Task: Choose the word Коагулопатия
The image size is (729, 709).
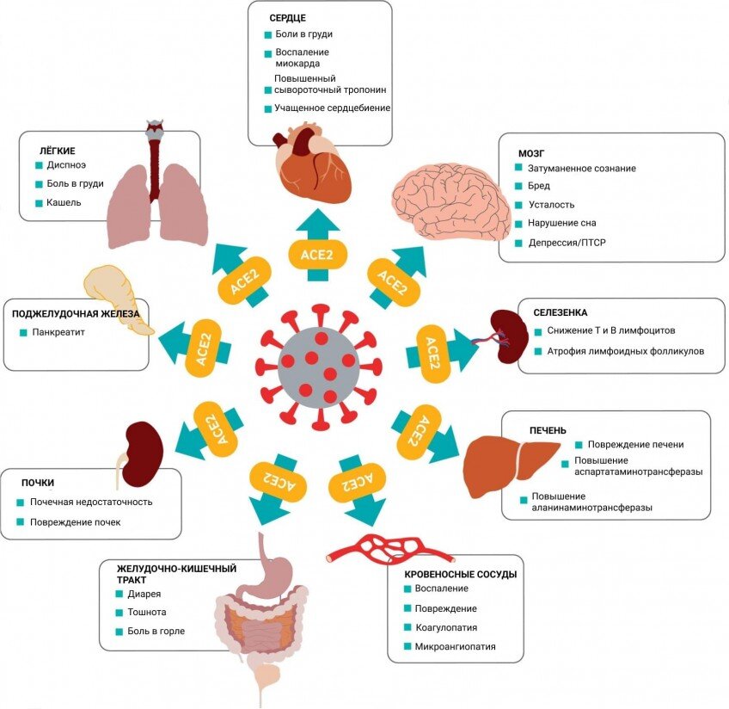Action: [446, 627]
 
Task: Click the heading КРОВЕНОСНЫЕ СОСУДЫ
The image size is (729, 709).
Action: [460, 572]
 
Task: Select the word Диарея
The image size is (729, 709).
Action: [143, 594]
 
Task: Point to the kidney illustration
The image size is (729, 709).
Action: [142, 453]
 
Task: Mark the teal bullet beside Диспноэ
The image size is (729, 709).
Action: [39, 164]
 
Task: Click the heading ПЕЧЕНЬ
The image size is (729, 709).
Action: [548, 430]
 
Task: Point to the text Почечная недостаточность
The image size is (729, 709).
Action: [90, 502]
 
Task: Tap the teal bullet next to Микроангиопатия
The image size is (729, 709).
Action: [407, 647]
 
